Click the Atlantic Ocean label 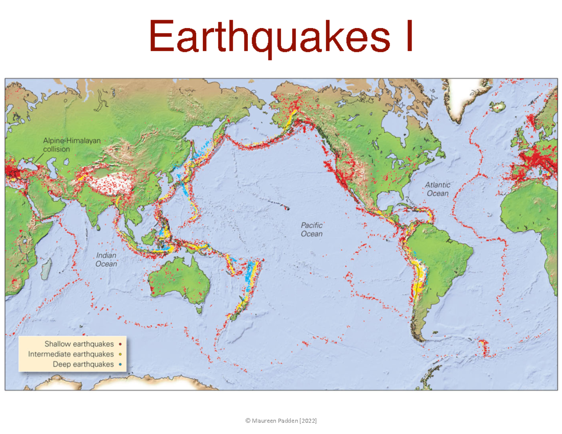tap(436, 189)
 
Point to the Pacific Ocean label tap(311, 229)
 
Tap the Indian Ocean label tap(106, 260)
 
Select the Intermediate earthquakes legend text tap(71, 354)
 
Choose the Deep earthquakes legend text tap(83, 364)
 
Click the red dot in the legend tap(120, 345)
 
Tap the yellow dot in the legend tap(120, 354)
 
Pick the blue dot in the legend tap(120, 364)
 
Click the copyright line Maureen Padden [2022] tap(281, 421)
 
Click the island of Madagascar tap(45, 270)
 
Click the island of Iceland tap(499, 107)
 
